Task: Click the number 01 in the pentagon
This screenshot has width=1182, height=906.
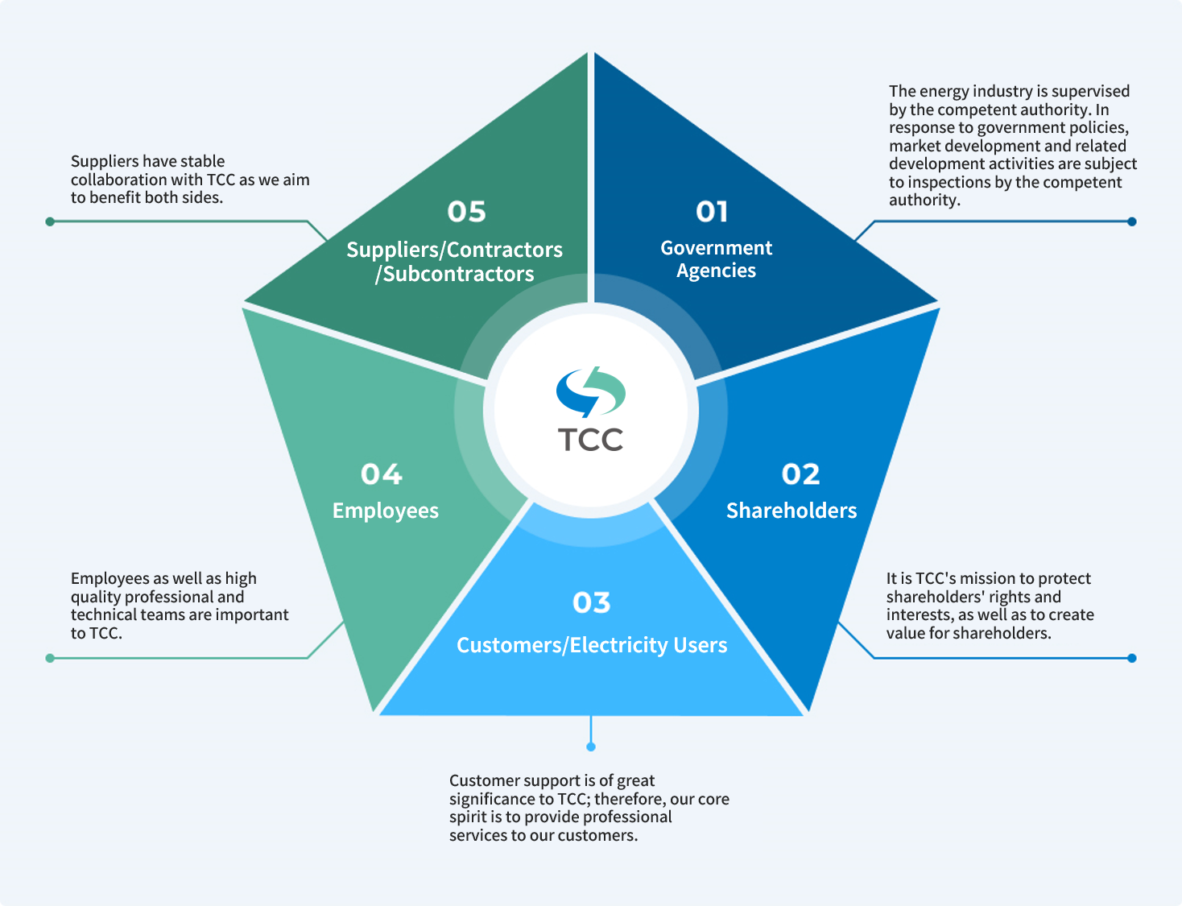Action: (712, 212)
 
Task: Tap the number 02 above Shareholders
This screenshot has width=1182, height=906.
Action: (800, 474)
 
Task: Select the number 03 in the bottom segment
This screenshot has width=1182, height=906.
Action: (591, 602)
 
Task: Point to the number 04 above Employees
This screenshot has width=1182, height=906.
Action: (381, 474)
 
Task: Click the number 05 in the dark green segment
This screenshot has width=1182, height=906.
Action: (466, 212)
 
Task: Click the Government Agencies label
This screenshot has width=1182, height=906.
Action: (716, 259)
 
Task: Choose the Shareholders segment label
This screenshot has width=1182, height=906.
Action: (791, 511)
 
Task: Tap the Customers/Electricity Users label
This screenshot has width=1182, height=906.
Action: (592, 645)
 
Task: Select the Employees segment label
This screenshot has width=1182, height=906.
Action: (386, 511)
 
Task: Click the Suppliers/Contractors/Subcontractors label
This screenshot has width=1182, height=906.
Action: (454, 262)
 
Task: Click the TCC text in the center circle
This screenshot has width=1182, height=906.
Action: (590, 440)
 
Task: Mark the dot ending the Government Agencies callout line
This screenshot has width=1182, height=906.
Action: (1131, 221)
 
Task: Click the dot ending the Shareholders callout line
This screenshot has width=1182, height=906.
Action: (1131, 658)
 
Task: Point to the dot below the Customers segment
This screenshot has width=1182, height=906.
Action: (591, 747)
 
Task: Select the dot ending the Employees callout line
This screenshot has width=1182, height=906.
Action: (50, 658)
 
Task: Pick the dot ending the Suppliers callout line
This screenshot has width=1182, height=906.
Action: (50, 221)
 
